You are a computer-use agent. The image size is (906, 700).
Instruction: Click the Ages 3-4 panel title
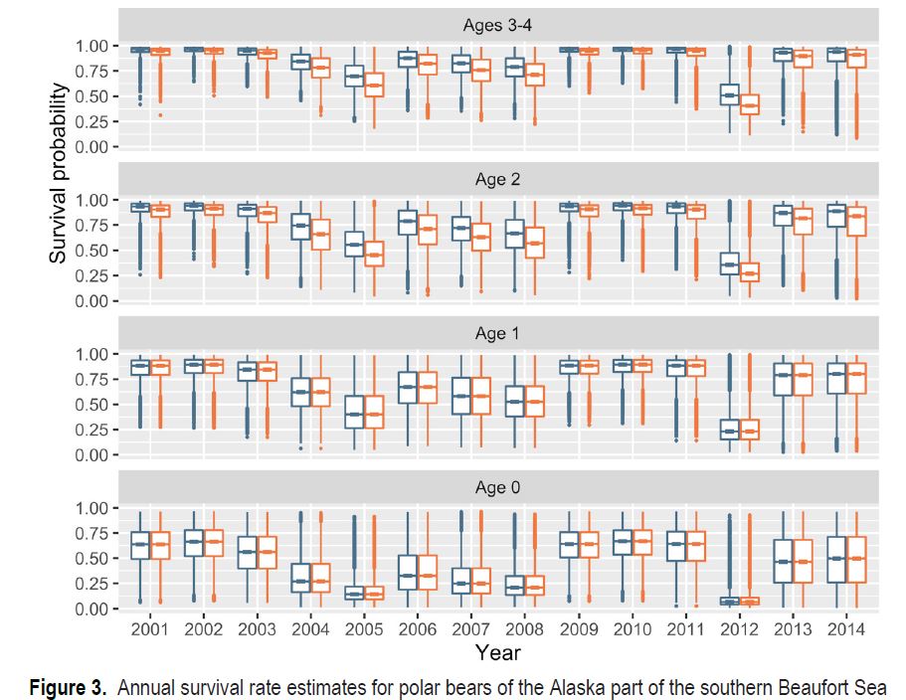498,24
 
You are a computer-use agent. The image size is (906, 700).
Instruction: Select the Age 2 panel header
498,179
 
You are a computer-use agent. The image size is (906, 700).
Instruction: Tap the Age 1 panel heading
498,333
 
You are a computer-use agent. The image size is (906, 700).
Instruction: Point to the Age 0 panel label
498,487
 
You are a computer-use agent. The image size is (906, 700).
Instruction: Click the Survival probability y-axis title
60,174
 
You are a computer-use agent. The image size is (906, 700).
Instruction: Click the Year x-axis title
497,652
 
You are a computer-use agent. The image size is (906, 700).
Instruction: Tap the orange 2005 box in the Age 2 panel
373,254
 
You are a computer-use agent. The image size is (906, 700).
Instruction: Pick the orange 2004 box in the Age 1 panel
319,390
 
